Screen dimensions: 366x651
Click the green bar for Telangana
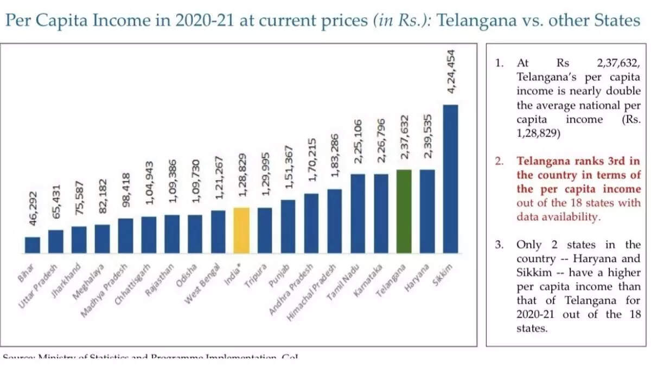click(404, 211)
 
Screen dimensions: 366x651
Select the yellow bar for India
click(241, 230)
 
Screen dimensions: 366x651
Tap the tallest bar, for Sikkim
click(451, 179)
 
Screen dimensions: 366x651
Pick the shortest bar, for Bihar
click(33, 245)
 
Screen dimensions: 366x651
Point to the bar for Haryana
click(427, 211)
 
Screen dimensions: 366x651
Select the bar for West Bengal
click(218, 232)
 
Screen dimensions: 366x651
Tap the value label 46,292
click(33, 209)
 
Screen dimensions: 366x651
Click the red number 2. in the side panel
click(499, 161)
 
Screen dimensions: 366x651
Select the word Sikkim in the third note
click(532, 272)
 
